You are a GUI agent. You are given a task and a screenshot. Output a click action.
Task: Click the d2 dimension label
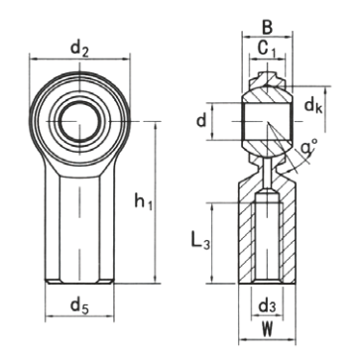coord(79,50)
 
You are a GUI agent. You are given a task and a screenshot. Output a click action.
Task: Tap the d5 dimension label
coord(79,305)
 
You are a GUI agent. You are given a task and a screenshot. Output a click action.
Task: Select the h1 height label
coord(144,201)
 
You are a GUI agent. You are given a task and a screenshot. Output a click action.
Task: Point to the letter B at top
coord(267,28)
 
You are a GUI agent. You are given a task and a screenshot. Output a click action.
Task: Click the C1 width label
coord(267,49)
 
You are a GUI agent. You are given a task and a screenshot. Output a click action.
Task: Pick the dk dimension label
coord(312,106)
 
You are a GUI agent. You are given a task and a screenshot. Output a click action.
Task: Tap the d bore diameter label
coord(201,121)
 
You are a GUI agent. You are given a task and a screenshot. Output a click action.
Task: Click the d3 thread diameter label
coord(267,306)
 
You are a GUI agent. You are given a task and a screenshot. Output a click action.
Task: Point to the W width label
coord(267,329)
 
